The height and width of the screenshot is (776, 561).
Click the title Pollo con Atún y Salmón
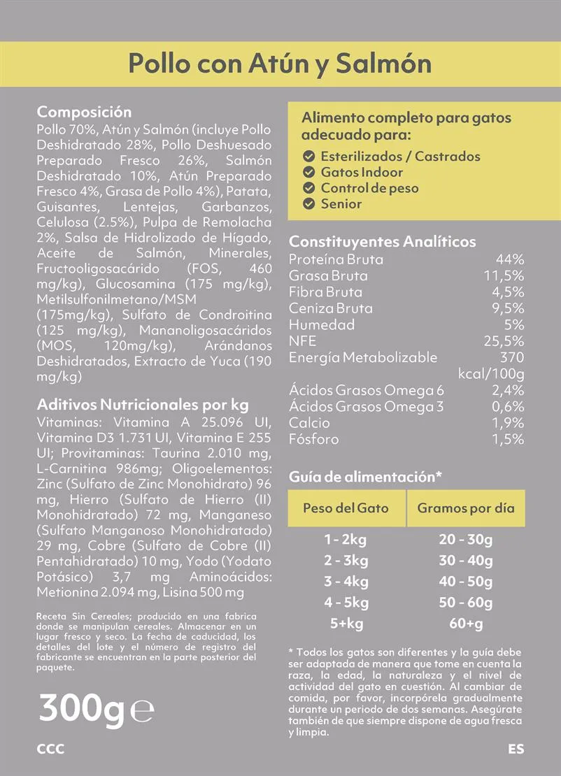coord(280,63)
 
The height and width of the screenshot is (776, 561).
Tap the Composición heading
coord(84,112)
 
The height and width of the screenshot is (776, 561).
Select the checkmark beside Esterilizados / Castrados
coord(308,157)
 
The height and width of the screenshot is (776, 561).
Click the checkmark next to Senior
coord(308,204)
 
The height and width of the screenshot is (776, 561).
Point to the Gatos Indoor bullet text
coord(362,172)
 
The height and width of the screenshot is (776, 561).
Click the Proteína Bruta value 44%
coord(510,259)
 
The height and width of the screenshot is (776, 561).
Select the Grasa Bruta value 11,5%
coord(504,275)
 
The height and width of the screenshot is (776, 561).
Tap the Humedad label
coord(322,324)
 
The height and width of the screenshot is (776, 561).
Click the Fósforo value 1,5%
coord(508,439)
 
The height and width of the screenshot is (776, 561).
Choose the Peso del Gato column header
coord(345,508)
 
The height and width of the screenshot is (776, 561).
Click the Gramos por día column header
coord(466,508)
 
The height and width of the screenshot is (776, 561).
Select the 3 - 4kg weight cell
coord(346,582)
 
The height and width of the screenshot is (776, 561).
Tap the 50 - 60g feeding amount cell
coord(466,603)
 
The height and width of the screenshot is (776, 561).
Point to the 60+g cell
coord(466,624)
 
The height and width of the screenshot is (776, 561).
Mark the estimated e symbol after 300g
coord(143,711)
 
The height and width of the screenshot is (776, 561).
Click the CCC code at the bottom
coord(50,749)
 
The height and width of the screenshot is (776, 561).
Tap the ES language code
coord(516,749)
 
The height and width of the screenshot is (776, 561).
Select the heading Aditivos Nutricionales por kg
coord(143,405)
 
